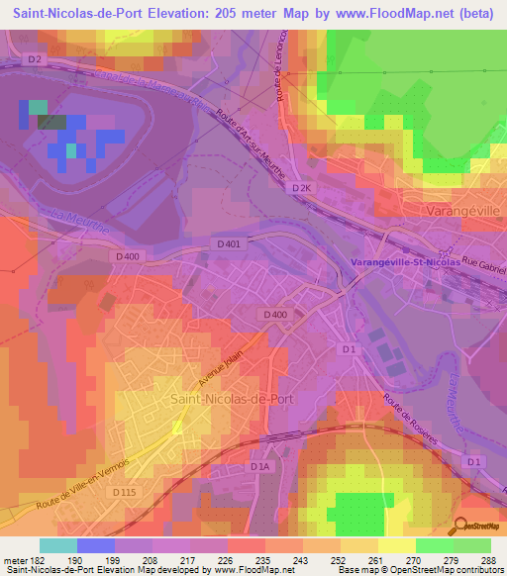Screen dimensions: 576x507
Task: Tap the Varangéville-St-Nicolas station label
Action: point(404,262)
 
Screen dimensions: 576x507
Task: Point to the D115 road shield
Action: point(124,493)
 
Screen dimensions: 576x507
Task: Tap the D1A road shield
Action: point(260,465)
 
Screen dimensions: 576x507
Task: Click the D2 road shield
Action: point(36,59)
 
